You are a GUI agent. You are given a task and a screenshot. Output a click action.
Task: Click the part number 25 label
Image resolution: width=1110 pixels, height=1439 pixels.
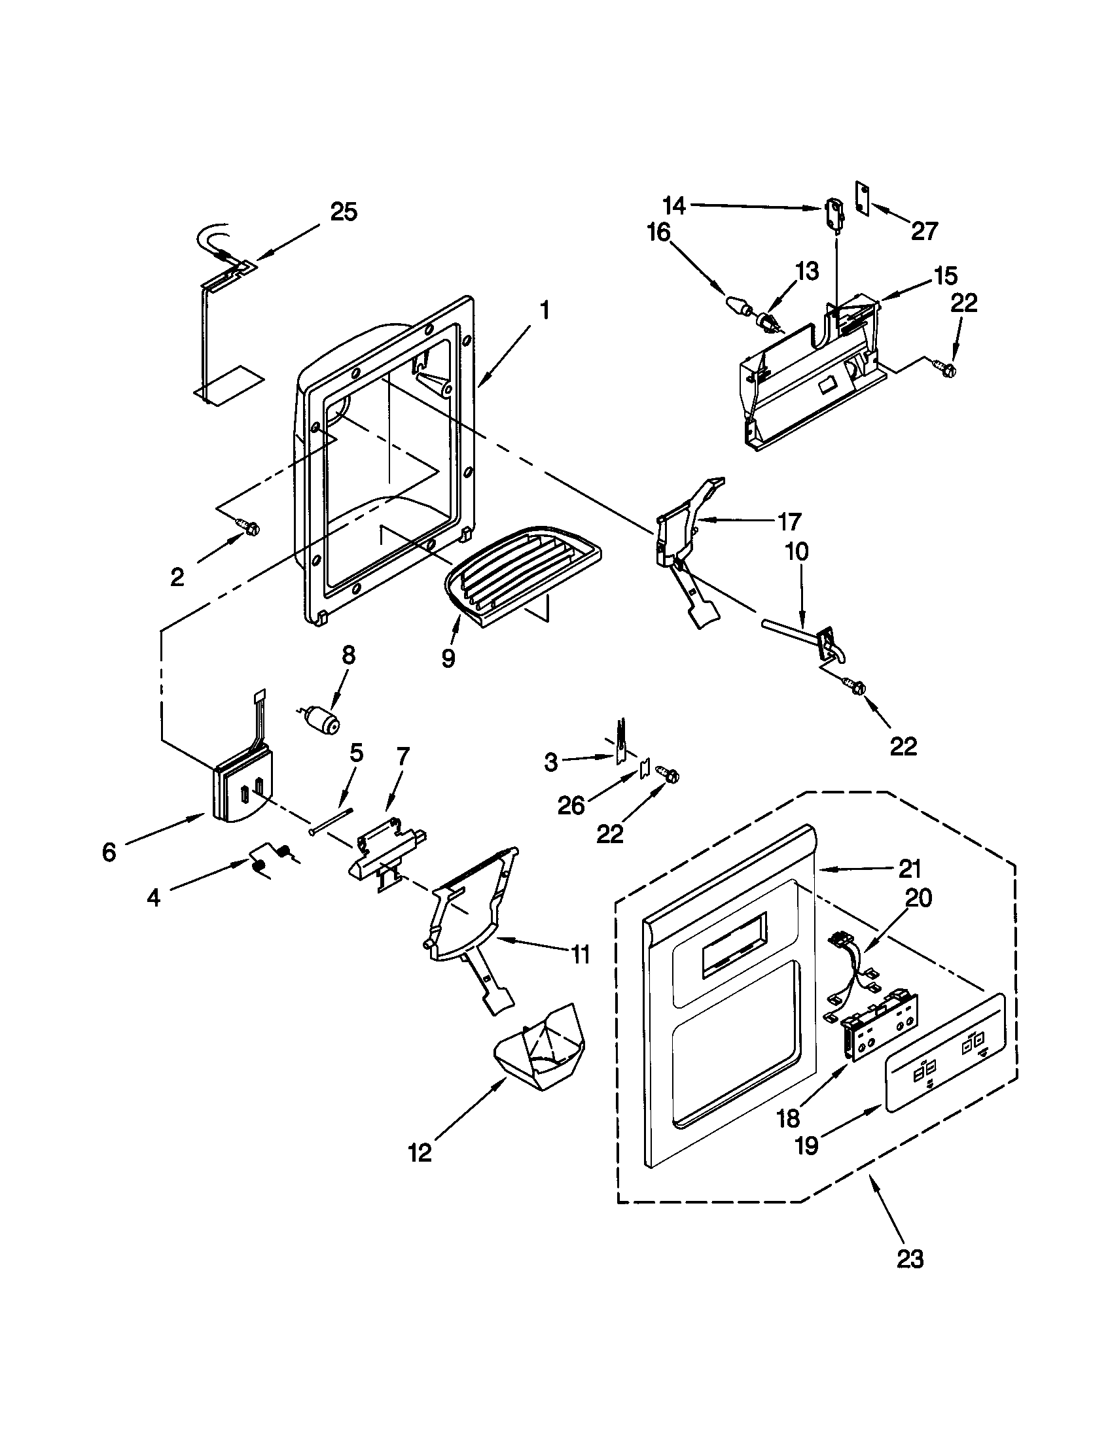point(344,213)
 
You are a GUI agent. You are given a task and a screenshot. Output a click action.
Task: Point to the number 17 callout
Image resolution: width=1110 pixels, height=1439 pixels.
point(790,522)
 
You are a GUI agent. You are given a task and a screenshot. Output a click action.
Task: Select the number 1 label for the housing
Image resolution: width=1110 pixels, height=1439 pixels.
point(545,310)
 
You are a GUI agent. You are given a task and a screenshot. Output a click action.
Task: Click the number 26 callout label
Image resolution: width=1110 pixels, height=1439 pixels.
point(571,805)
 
